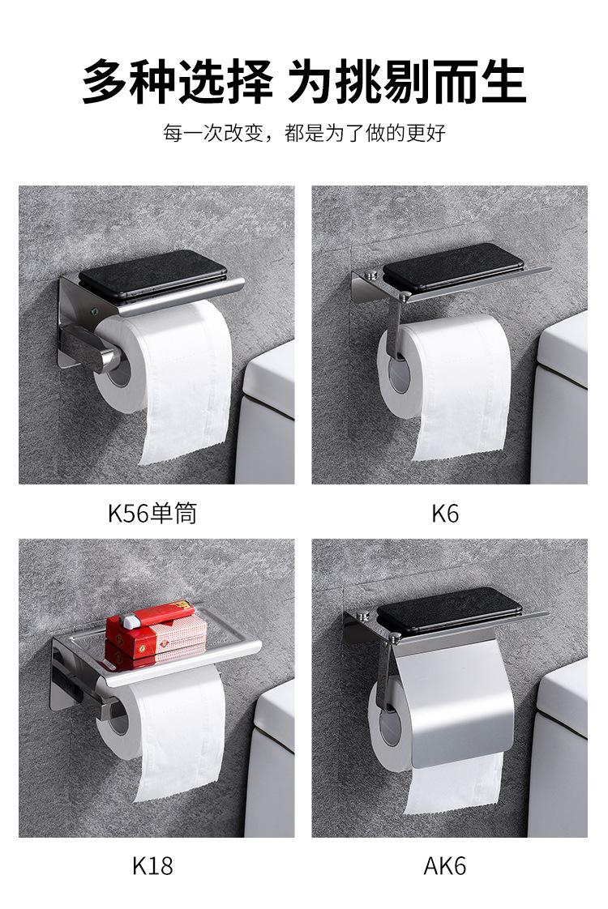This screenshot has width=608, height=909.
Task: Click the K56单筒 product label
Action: tap(152, 514)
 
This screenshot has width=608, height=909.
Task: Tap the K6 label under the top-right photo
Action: tap(445, 514)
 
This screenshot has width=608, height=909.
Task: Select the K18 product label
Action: tap(152, 865)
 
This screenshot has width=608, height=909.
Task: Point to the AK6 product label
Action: tap(445, 865)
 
